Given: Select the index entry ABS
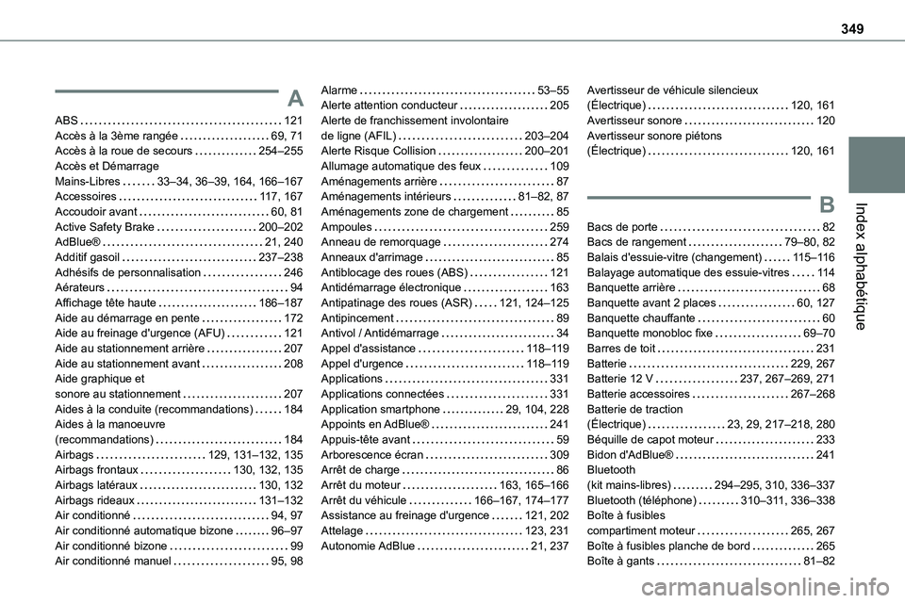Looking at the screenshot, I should point(68,121).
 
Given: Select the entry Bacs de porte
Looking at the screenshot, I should point(622,226).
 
